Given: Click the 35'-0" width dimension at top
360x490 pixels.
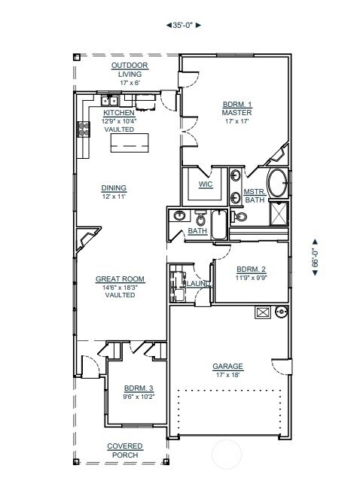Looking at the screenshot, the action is tap(183, 26).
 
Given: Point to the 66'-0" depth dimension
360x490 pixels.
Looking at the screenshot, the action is tap(315, 257).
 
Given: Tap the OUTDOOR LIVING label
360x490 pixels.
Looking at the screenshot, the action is tap(130, 70).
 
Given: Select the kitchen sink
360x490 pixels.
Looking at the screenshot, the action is tap(109, 101).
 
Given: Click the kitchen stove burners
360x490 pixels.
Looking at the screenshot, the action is tap(83, 129).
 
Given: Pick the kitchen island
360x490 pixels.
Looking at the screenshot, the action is tap(130, 143).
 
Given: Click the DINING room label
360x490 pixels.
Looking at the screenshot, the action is tap(114, 188).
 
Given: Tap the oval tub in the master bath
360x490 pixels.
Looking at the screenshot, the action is tap(277, 183).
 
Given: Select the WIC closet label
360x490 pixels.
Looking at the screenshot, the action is tap(206, 184).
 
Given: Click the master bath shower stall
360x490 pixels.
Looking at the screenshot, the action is tap(279, 214).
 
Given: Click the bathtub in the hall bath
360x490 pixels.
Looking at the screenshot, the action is tap(219, 224).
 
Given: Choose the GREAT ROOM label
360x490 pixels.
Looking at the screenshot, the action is tap(120, 278).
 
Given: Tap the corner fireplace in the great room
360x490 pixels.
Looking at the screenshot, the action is tap(87, 239).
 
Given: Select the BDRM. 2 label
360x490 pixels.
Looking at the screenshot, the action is tap(251, 269).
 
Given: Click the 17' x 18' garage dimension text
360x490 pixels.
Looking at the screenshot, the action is tap(227, 375).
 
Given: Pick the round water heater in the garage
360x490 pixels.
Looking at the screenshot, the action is tap(282, 312).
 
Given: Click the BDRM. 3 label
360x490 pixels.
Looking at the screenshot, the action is tap(139, 388).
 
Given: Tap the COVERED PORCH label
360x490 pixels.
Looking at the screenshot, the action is tap(125, 450).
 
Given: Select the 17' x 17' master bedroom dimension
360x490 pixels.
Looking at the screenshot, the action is tap(236, 121).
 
